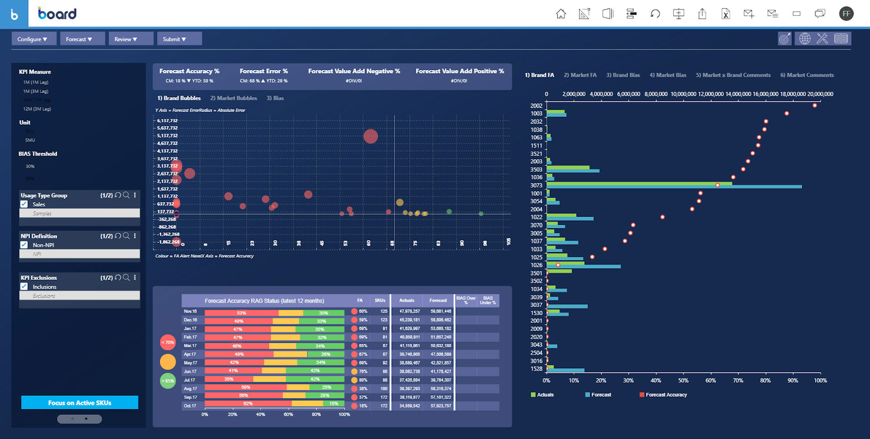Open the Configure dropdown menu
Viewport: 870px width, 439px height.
pyautogui.click(x=34, y=39)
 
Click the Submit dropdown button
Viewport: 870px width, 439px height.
pyautogui.click(x=179, y=39)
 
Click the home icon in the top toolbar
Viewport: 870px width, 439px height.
pyautogui.click(x=561, y=14)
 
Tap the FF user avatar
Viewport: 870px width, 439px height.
pyautogui.click(x=846, y=14)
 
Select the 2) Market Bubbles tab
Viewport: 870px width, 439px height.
pyautogui.click(x=233, y=98)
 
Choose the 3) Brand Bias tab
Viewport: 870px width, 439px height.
pyautogui.click(x=623, y=75)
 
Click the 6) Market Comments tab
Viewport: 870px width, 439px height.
pyautogui.click(x=807, y=75)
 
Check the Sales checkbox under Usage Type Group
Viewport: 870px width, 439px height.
pyautogui.click(x=24, y=205)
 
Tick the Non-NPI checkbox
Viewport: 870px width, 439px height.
pyautogui.click(x=24, y=245)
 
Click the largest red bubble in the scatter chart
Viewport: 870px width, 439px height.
pyautogui.click(x=370, y=136)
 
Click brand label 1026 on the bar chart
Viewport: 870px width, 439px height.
pyautogui.click(x=536, y=265)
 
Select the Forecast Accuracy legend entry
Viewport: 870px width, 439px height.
pyautogui.click(x=666, y=395)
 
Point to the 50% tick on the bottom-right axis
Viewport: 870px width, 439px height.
pyautogui.click(x=683, y=381)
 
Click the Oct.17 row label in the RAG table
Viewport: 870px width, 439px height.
pyautogui.click(x=190, y=406)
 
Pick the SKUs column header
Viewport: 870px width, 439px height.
pyautogui.click(x=380, y=300)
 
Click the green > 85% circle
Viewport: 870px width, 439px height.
pyautogui.click(x=168, y=381)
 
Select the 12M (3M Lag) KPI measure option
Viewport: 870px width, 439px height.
pyautogui.click(x=36, y=109)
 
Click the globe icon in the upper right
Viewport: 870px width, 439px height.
pyautogui.click(x=804, y=39)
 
